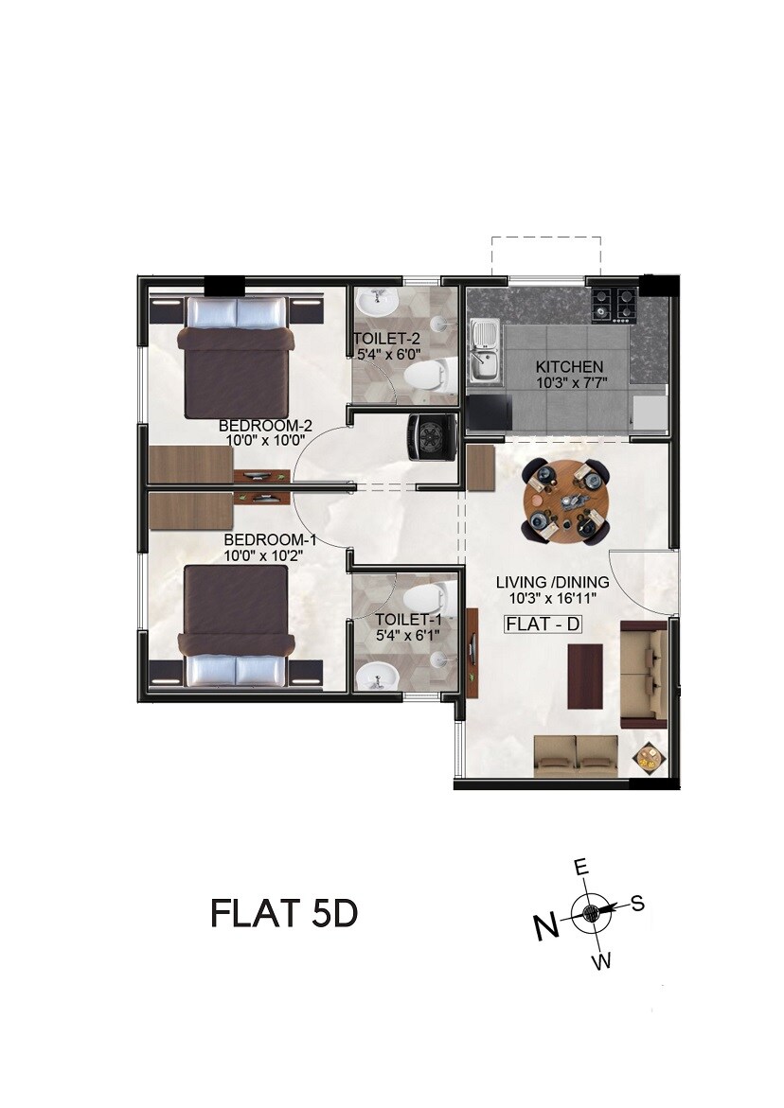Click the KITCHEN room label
click(569, 367)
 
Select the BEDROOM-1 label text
click(263, 540)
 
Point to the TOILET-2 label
click(386, 339)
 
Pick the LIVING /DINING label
click(553, 583)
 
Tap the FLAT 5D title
click(283, 914)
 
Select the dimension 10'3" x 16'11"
click(553, 599)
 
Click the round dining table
click(565, 501)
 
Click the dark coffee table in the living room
click(584, 676)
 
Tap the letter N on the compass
click(546, 927)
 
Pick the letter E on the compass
click(582, 867)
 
